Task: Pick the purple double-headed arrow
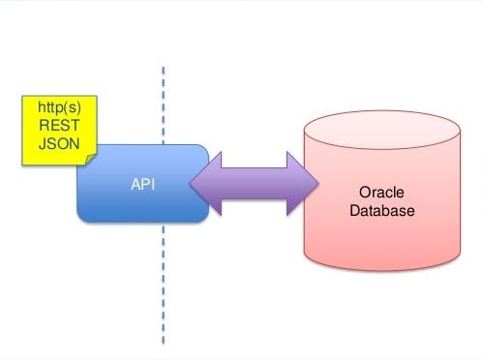[x=253, y=182]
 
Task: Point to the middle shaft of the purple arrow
[x=254, y=182]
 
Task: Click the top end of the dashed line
[x=163, y=67]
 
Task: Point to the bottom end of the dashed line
[x=163, y=344]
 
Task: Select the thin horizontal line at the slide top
[x=242, y=3]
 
